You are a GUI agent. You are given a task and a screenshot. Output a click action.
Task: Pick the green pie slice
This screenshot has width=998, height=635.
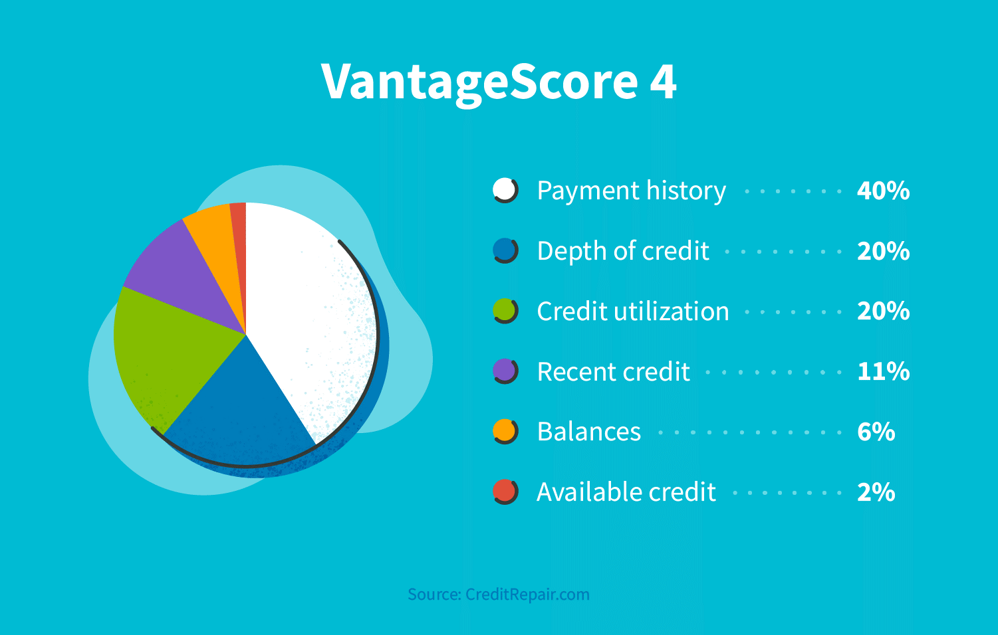pyautogui.click(x=166, y=352)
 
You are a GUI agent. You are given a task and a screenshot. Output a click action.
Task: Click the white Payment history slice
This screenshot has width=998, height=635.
pyautogui.click(x=306, y=312)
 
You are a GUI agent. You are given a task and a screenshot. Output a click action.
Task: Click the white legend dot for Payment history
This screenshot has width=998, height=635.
pyautogui.click(x=505, y=191)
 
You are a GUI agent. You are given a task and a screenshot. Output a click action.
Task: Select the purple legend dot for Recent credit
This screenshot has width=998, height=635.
pyautogui.click(x=505, y=371)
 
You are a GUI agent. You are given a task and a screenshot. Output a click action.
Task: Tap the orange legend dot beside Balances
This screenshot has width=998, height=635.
pyautogui.click(x=505, y=432)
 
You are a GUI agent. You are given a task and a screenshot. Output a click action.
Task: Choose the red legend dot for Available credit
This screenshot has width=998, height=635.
pyautogui.click(x=505, y=492)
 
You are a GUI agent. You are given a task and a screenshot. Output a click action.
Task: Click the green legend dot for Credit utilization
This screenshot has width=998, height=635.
pyautogui.click(x=505, y=311)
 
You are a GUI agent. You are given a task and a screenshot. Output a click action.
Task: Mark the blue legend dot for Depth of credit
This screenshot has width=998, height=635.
pyautogui.click(x=505, y=251)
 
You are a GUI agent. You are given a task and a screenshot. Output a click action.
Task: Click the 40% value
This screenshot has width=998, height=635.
pyautogui.click(x=883, y=191)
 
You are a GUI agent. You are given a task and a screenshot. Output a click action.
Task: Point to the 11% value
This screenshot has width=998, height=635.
pyautogui.click(x=883, y=372)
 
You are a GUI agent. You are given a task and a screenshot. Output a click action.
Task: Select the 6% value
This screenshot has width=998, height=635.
pyautogui.click(x=876, y=432)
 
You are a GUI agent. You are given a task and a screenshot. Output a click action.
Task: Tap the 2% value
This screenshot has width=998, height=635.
pyautogui.click(x=876, y=493)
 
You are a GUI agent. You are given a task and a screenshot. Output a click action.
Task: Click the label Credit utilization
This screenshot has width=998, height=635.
pyautogui.click(x=632, y=312)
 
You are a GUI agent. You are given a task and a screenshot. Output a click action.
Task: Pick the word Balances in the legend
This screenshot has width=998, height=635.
pyautogui.click(x=588, y=432)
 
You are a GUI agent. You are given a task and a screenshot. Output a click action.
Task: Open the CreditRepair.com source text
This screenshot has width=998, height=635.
pyautogui.click(x=499, y=594)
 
